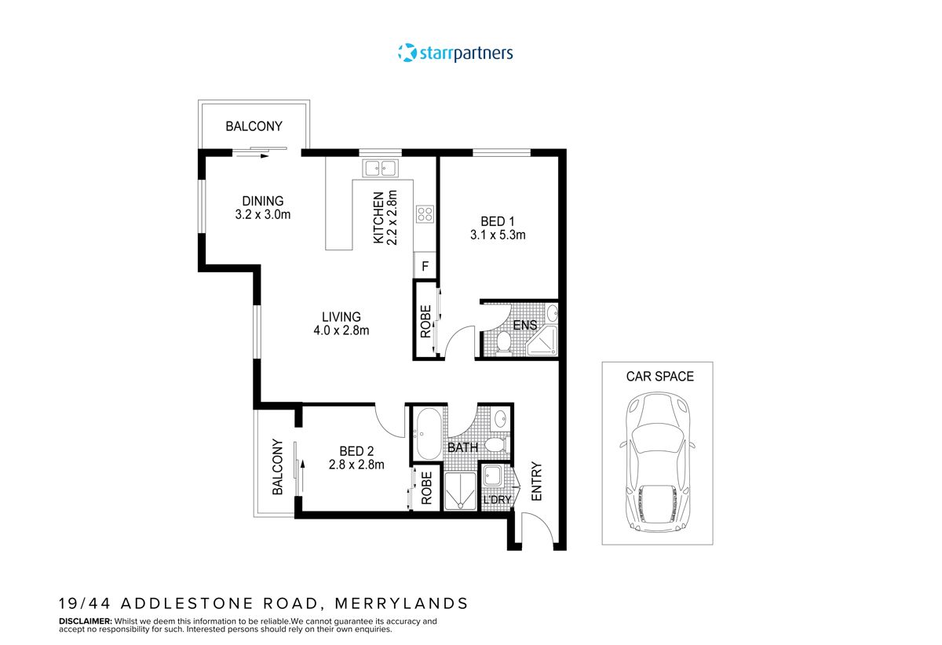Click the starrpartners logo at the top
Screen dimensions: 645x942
coord(455,53)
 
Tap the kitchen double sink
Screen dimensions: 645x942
coord(381,168)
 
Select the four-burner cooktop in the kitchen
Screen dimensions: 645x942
coord(425,213)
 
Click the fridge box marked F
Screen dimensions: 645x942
coord(425,266)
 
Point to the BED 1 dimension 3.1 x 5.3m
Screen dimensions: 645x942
coord(497,235)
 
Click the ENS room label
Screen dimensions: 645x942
coord(524,325)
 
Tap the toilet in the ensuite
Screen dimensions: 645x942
coord(504,342)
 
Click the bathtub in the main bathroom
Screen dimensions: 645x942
coord(428,433)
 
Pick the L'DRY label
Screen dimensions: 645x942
coord(496,500)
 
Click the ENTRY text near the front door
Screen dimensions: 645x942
coord(537,481)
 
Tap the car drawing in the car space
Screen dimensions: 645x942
coord(657,464)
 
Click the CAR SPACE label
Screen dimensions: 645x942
coord(659,377)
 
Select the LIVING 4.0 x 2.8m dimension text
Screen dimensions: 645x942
coord(341,330)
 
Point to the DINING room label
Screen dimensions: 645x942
coord(262,201)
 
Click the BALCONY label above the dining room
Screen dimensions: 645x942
coord(254,126)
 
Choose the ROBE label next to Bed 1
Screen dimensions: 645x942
coord(425,322)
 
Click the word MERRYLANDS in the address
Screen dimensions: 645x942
coord(401,603)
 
